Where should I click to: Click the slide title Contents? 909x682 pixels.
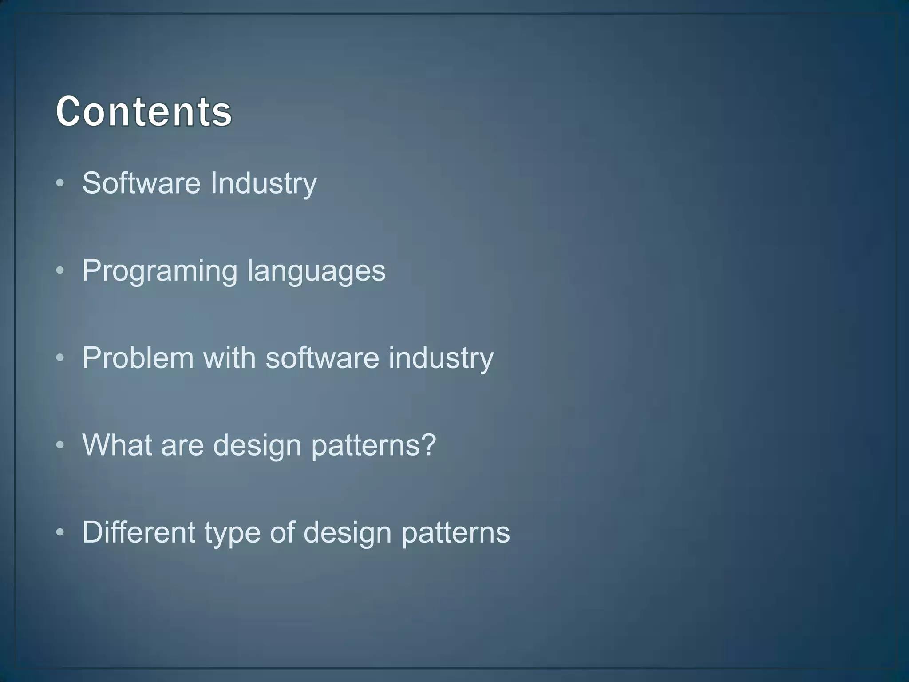pyautogui.click(x=143, y=111)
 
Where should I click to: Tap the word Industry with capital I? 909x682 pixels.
pyautogui.click(x=263, y=183)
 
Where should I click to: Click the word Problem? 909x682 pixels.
pyautogui.click(x=138, y=357)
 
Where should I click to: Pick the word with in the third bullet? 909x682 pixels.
pyautogui.click(x=229, y=357)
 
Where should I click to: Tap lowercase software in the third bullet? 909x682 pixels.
pyautogui.click(x=322, y=357)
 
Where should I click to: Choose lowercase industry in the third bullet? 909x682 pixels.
pyautogui.click(x=441, y=358)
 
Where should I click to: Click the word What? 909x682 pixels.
pyautogui.click(x=117, y=444)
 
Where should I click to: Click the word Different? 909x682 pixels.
pyautogui.click(x=138, y=532)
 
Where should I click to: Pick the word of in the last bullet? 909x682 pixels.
pyautogui.click(x=282, y=532)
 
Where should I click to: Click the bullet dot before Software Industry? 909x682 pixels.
pyautogui.click(x=61, y=183)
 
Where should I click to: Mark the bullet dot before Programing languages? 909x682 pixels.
pyautogui.click(x=61, y=270)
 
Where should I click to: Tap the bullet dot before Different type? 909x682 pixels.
pyautogui.click(x=61, y=532)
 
